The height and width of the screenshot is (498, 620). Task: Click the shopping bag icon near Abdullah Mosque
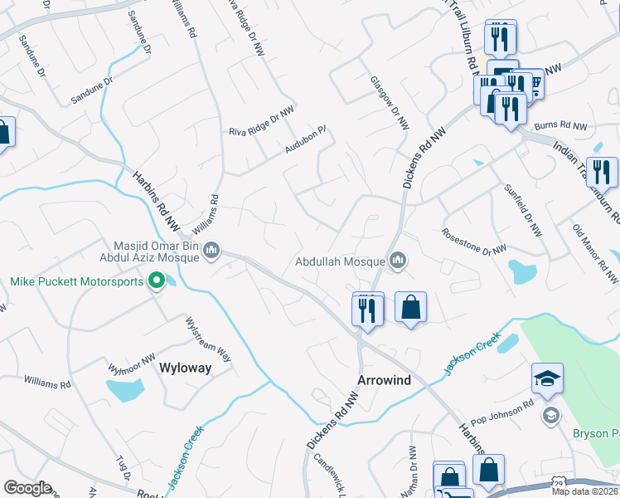[410, 308]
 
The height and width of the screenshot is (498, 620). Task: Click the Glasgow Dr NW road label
[390, 101]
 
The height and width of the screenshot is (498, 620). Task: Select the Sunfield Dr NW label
[522, 209]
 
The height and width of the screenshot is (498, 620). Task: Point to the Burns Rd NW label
[560, 126]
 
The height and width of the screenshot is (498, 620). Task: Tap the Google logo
[27, 488]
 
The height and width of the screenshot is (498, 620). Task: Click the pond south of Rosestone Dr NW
[523, 271]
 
